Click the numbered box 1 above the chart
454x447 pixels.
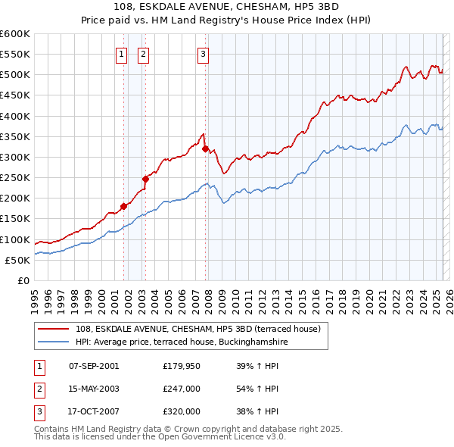click(x=121, y=54)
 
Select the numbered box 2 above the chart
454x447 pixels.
click(x=143, y=54)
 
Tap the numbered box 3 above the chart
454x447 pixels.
click(x=204, y=54)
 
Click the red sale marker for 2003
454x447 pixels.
click(x=146, y=179)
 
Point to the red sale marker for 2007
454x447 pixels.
click(x=205, y=148)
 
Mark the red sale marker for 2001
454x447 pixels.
click(x=123, y=206)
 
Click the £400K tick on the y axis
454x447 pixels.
click(x=15, y=116)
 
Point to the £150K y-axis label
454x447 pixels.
click(x=15, y=219)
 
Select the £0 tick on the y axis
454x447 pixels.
click(x=23, y=280)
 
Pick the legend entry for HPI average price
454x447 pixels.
click(x=182, y=342)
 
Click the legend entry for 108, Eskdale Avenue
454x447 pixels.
click(x=197, y=329)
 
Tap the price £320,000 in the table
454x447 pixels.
click(x=182, y=411)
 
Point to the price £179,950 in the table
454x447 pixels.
click(x=182, y=366)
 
